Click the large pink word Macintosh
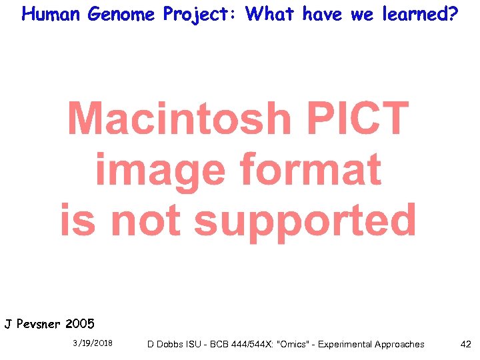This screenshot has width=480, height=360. [179, 119]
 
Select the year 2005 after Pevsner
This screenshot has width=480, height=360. [80, 325]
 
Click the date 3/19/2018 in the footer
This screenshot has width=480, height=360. [93, 343]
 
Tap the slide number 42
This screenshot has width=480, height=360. [465, 344]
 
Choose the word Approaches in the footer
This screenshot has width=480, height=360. [398, 344]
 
